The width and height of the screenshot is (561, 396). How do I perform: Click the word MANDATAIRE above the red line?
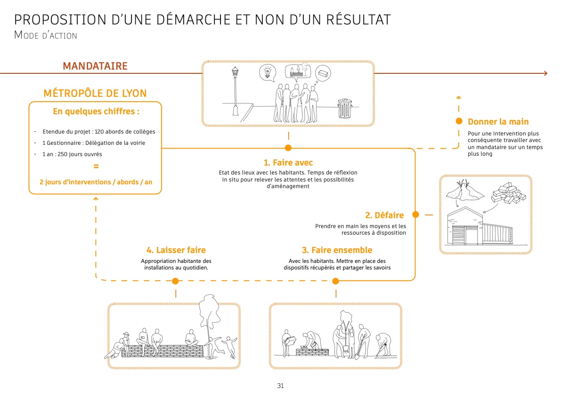point(95,66)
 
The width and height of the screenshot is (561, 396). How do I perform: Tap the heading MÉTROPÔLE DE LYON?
point(95,93)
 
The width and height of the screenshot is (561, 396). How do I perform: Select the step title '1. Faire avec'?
point(288,163)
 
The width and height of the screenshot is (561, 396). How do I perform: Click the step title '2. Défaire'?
point(384,215)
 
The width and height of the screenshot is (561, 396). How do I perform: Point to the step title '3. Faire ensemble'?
point(337,250)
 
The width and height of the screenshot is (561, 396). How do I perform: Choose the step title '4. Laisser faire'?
point(176,250)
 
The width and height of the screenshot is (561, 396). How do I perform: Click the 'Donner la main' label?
point(498,122)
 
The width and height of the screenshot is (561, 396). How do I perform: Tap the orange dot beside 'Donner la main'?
point(459,121)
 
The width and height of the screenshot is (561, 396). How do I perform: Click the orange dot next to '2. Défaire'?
point(415,215)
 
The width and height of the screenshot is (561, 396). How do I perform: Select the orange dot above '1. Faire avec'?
point(288,148)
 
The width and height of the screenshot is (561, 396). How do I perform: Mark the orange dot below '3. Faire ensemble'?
point(336,281)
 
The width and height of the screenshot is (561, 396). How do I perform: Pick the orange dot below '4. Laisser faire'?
point(176,281)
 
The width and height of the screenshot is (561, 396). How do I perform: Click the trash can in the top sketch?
point(344,108)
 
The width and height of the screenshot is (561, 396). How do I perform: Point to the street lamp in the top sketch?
point(235,92)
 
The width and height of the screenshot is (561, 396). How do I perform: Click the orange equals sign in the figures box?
point(96,166)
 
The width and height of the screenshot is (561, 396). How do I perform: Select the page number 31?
point(280,386)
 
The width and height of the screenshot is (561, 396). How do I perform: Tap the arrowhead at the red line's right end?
point(545,73)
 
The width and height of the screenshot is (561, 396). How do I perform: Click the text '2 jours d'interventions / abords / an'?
point(96,182)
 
